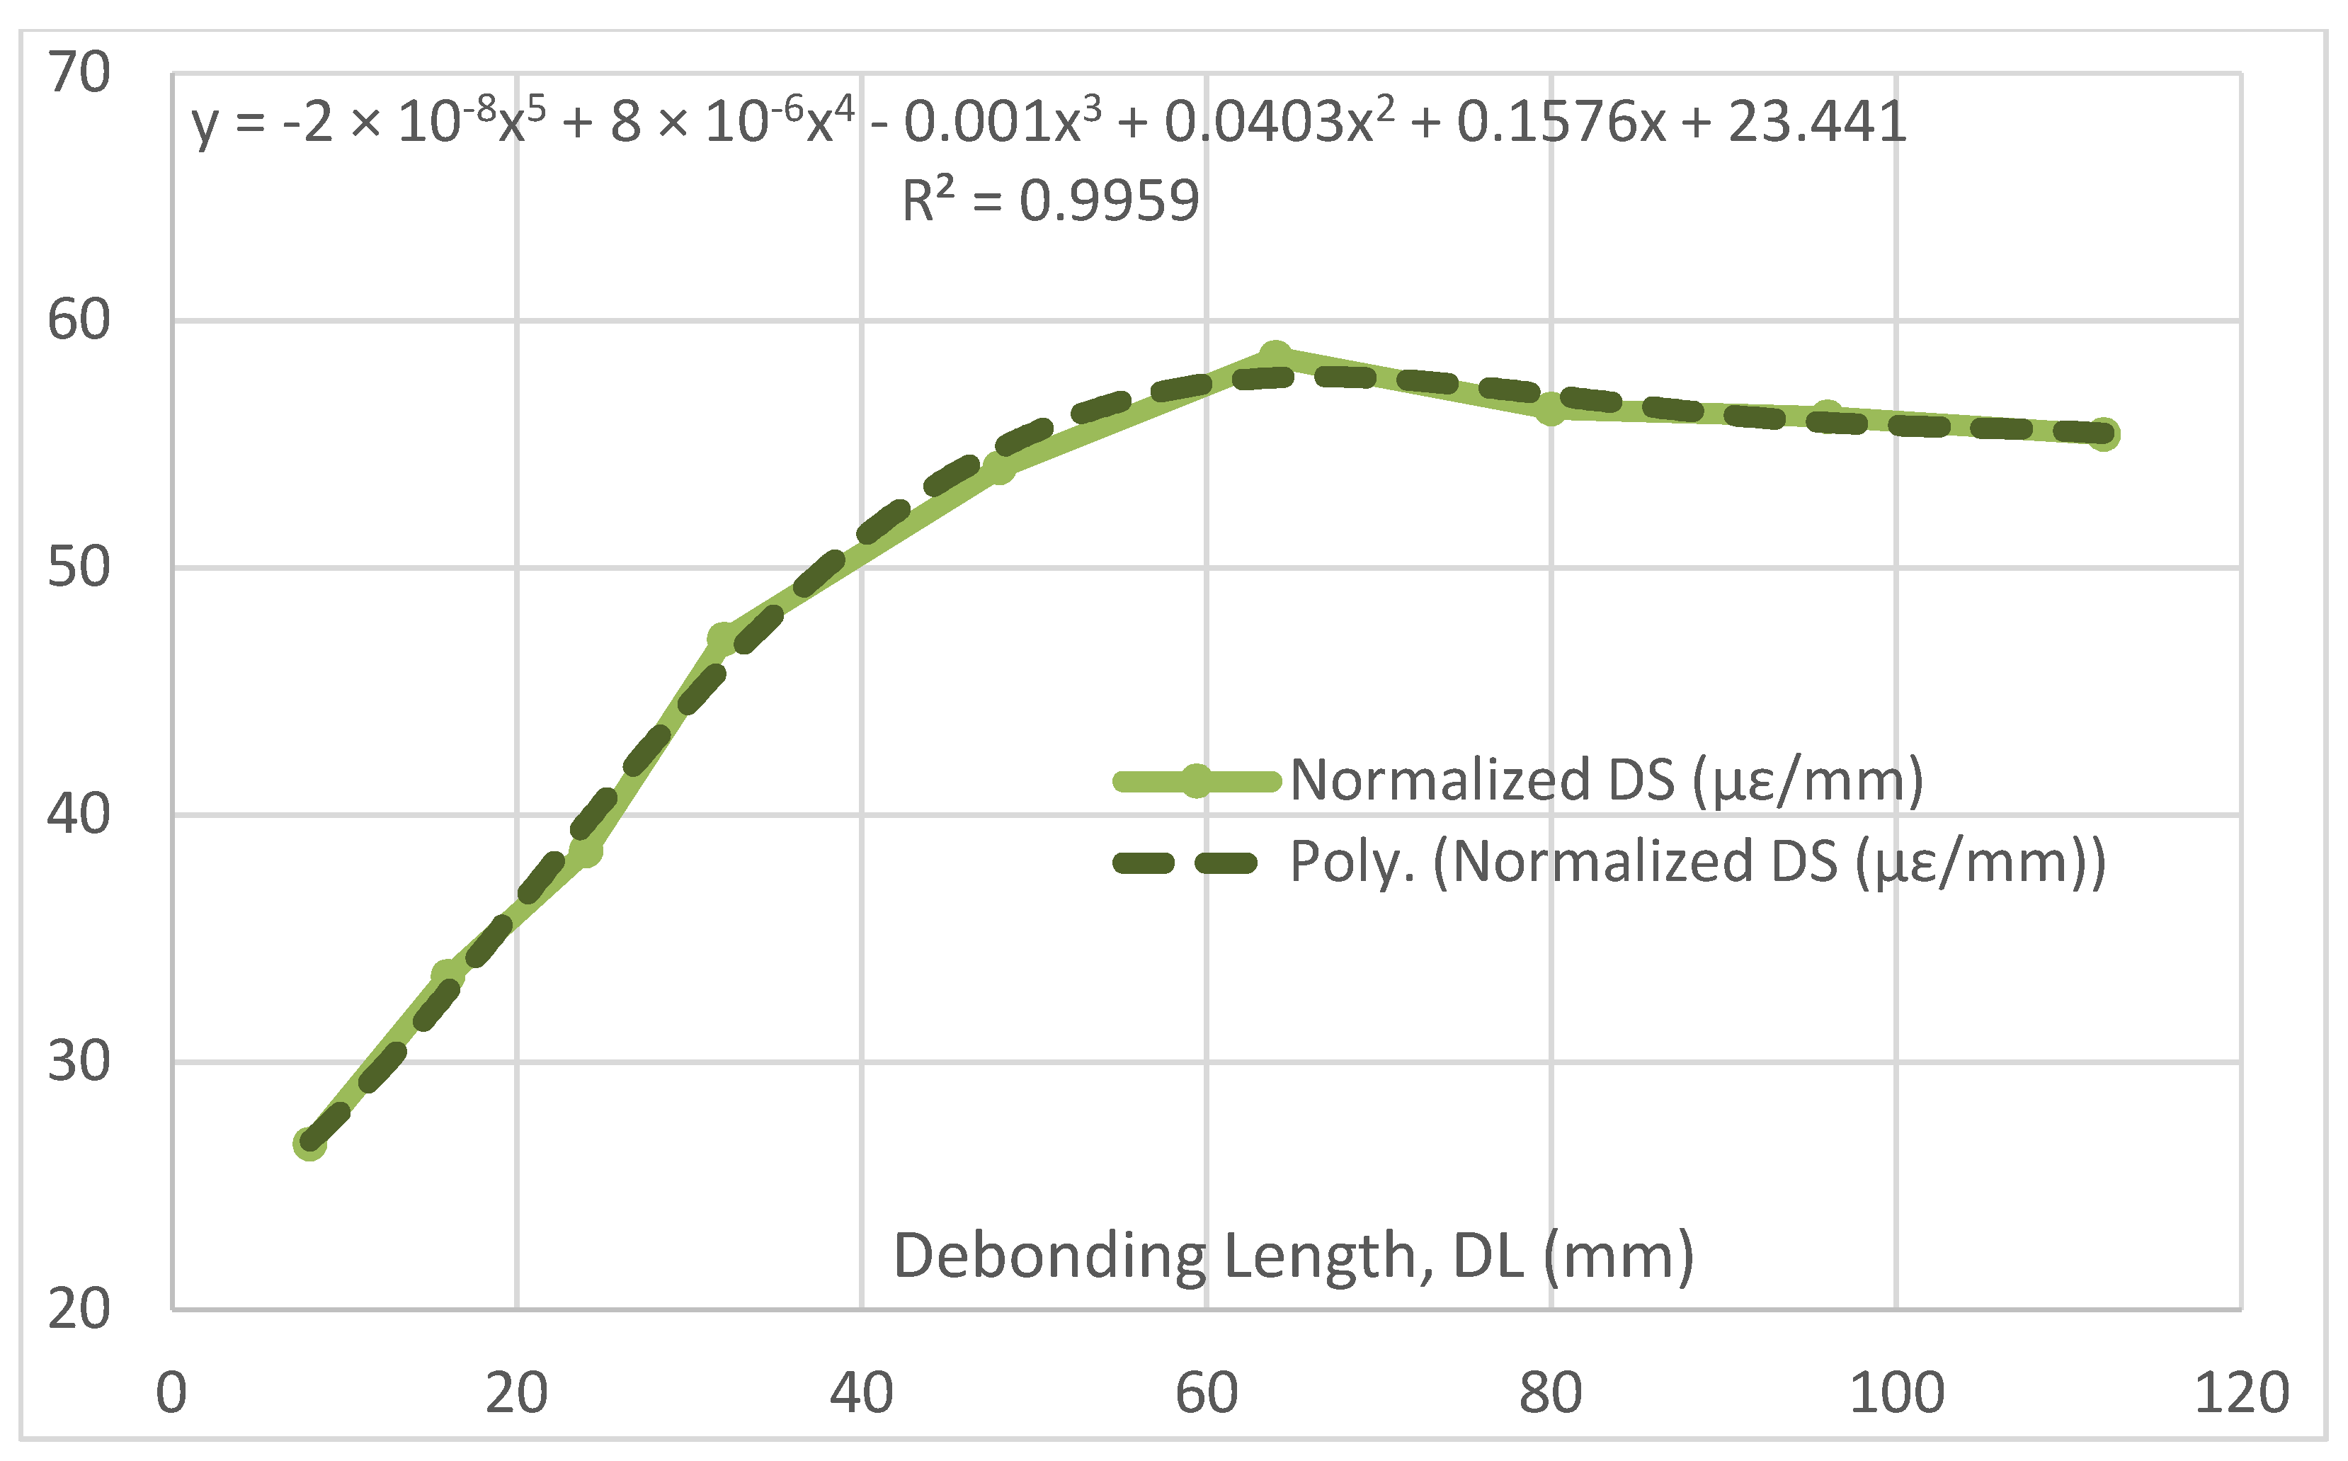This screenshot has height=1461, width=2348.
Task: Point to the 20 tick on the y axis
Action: [79, 1309]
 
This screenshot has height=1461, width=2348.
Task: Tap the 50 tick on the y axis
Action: [79, 567]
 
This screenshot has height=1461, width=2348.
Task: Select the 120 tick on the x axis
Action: [2242, 1392]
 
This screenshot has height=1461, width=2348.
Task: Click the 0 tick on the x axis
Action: [172, 1392]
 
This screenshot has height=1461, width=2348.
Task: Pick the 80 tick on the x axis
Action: [1550, 1392]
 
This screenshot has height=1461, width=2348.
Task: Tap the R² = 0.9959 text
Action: [1050, 201]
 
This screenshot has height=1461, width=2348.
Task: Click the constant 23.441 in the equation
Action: [1817, 123]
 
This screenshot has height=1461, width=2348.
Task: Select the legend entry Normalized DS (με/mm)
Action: [1606, 780]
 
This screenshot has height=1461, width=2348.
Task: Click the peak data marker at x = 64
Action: [1276, 356]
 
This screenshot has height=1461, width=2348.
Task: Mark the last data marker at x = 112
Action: [2104, 435]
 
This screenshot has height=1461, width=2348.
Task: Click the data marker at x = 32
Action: [724, 638]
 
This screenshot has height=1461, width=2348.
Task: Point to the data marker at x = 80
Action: [1550, 410]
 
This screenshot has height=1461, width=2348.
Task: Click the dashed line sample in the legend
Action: [1186, 862]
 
